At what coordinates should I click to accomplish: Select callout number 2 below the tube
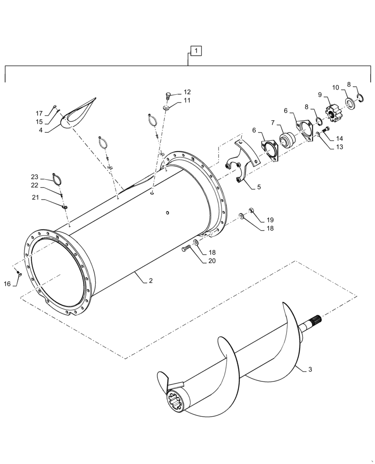[151, 281]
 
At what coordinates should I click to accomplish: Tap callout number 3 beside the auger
[310, 369]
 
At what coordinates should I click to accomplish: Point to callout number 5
[259, 187]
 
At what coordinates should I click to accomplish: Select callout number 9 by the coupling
[319, 95]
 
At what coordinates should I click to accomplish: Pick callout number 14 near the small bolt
[340, 138]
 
